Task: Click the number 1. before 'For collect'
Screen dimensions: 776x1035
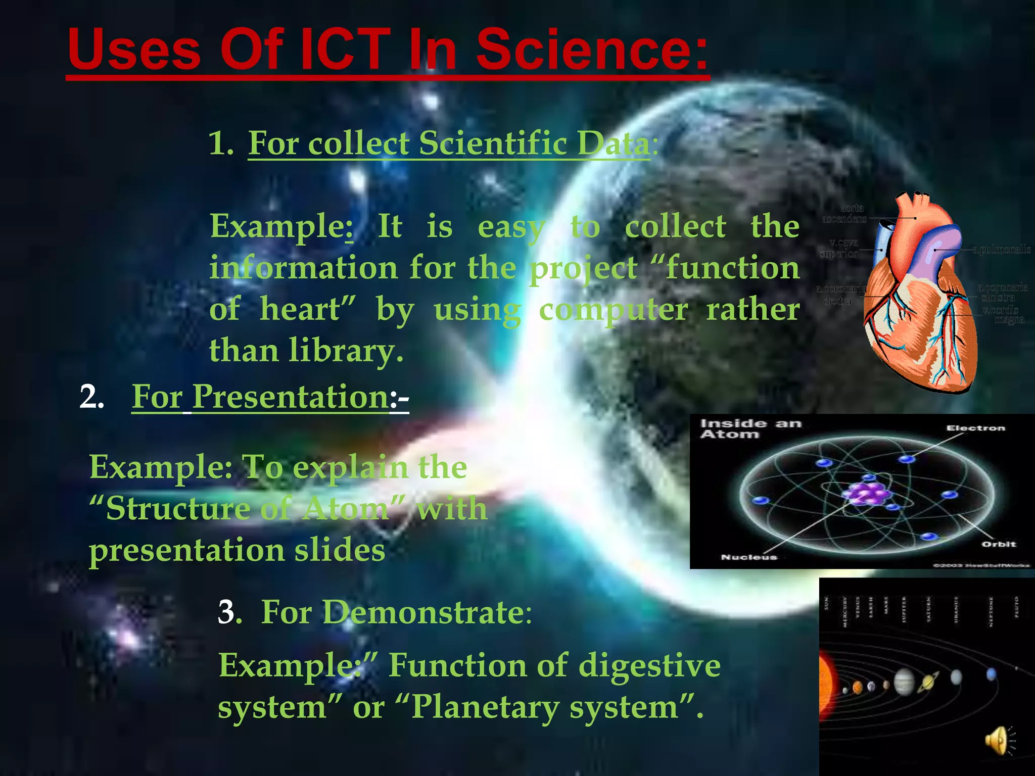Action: click(x=221, y=143)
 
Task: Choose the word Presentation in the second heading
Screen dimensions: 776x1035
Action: click(x=291, y=397)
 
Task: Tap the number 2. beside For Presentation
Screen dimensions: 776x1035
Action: click(x=91, y=397)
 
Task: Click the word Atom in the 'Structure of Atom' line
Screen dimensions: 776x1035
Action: click(x=346, y=508)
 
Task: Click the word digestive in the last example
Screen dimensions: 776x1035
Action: click(x=649, y=665)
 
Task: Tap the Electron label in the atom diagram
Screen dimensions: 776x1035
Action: click(x=975, y=428)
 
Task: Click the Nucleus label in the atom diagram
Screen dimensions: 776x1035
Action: click(x=748, y=557)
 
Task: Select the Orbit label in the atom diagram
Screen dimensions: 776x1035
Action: click(x=998, y=544)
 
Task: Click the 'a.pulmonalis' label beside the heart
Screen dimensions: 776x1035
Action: click(x=1001, y=250)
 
